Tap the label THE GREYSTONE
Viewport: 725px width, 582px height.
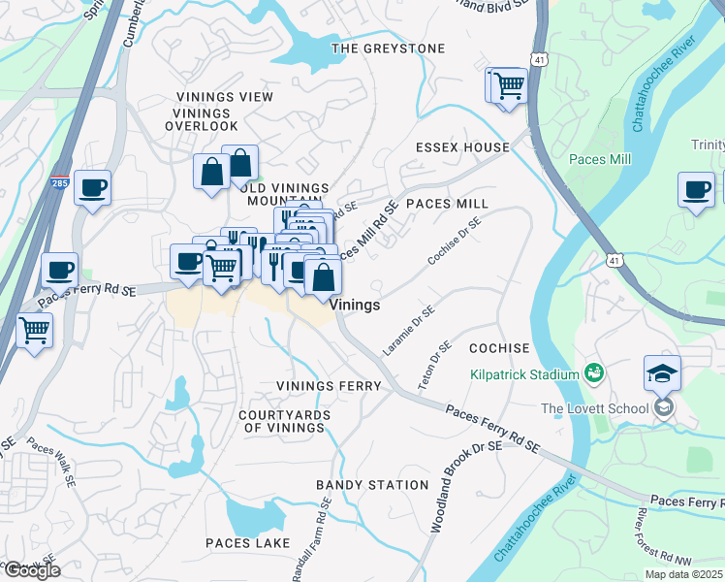tap(388, 48)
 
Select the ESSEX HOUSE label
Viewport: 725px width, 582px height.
tap(462, 147)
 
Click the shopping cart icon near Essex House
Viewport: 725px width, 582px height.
tap(508, 86)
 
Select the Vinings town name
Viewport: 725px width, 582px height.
tap(355, 305)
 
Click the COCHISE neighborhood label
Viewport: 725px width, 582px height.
tap(499, 348)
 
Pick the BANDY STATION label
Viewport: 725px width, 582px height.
tap(372, 485)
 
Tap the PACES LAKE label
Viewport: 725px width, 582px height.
tap(247, 543)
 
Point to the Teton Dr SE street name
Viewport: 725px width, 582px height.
tap(434, 366)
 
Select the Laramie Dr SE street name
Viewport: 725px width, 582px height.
tap(409, 330)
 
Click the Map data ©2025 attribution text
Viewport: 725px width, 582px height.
tap(683, 574)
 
